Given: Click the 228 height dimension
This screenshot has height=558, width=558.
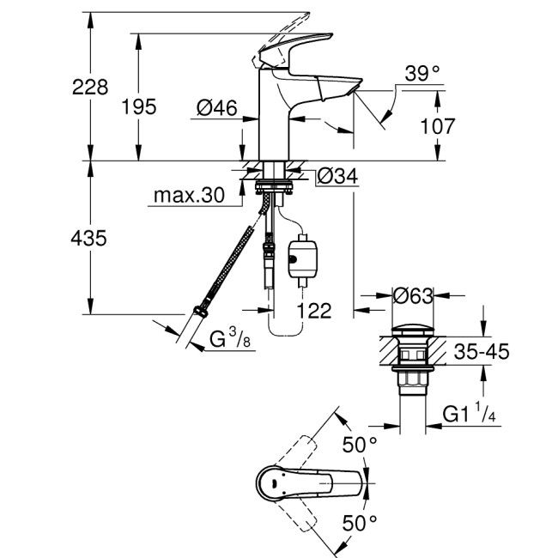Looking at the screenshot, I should coord(90,87).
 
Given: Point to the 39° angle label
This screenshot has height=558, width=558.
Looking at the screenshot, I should coord(422,75).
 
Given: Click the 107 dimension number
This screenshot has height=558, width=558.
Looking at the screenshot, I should coord(438,126).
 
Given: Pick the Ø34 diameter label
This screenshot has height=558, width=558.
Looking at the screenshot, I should coord(337,177).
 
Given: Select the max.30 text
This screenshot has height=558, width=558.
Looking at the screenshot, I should coord(188,197).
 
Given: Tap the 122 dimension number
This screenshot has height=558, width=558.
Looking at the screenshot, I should coord(313,311).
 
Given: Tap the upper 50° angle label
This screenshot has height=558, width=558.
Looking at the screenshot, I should coord(360,444).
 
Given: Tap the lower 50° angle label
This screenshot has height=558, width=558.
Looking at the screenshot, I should coord(360,522).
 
